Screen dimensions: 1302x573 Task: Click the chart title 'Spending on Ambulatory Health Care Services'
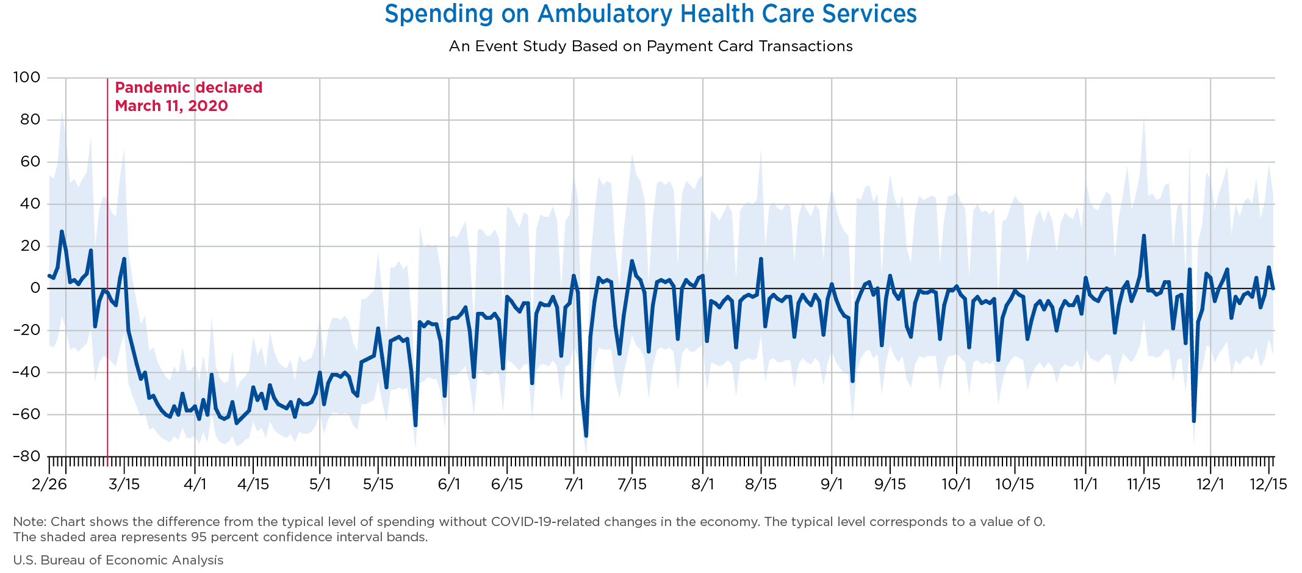tap(650, 14)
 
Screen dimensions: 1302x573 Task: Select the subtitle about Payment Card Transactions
tap(650, 46)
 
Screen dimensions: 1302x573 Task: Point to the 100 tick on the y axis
tap(27, 77)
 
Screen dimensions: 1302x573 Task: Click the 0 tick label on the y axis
tap(35, 288)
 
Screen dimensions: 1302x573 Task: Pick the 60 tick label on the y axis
tap(31, 162)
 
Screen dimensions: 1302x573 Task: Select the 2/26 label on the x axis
tap(49, 485)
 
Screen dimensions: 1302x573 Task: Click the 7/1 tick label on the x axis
tap(574, 485)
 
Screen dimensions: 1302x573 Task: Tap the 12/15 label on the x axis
tap(1268, 485)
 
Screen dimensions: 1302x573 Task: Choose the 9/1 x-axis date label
tap(832, 485)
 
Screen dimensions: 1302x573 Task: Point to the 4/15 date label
tap(253, 485)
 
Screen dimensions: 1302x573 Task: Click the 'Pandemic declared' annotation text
tap(189, 88)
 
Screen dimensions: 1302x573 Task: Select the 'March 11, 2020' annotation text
tap(171, 106)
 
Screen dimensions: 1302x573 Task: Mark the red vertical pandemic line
tap(107, 272)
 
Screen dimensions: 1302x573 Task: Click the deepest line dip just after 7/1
tap(586, 436)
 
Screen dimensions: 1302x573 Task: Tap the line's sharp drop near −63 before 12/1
tap(1193, 421)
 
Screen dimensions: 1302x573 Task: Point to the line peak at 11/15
tap(1143, 236)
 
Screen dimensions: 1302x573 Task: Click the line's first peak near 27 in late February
tap(62, 231)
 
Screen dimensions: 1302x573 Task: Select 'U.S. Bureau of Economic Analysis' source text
tap(118, 560)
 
